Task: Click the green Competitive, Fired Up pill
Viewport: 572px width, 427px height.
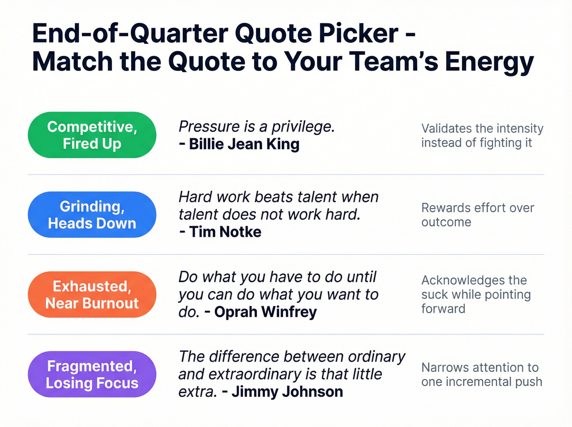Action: click(92, 135)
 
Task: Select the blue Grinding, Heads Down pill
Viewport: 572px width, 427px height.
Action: click(92, 215)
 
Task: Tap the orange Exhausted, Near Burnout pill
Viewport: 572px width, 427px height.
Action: click(92, 295)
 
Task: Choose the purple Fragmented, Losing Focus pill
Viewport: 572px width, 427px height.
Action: click(92, 374)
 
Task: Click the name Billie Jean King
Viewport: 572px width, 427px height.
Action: click(244, 144)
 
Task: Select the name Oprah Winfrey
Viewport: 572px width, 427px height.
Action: click(266, 312)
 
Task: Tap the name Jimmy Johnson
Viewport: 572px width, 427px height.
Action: click(287, 392)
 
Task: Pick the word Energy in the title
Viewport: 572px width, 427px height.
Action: click(489, 62)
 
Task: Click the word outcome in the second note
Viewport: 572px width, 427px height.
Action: click(446, 222)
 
